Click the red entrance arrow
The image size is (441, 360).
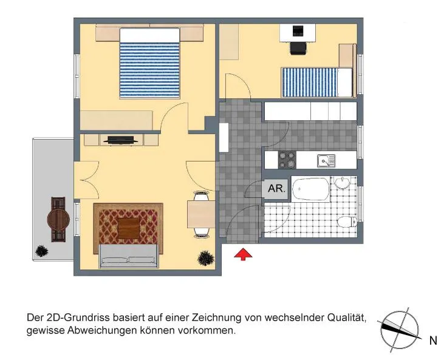243,254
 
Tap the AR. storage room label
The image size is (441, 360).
277,188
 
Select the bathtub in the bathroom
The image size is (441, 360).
310,189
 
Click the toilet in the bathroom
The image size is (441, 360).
347,222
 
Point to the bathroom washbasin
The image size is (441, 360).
342,183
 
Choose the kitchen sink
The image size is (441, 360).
326,161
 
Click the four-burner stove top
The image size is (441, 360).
287,160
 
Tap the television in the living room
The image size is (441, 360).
121,140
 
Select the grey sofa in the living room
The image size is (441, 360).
129,256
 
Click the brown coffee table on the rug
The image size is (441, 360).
129,228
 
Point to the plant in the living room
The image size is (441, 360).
205,258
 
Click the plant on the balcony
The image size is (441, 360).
42,251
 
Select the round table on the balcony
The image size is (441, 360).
58,220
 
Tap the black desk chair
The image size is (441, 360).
298,49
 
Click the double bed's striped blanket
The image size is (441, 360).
149,70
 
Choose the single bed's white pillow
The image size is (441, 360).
345,83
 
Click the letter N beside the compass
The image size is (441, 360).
433,341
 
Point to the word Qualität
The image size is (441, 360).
347,318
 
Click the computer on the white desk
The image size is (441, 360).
298,30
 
